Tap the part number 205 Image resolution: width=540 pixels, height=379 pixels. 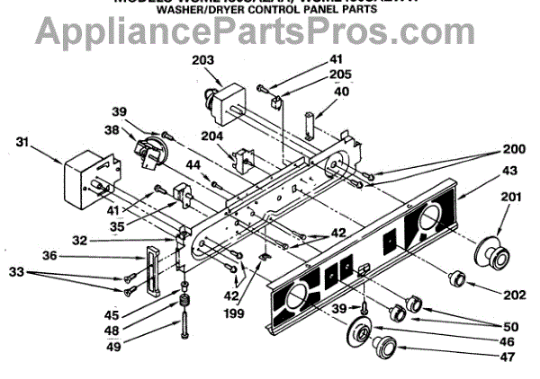(289, 75)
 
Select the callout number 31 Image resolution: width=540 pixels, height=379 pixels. (25, 140)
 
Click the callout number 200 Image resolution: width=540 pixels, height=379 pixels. (514, 148)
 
